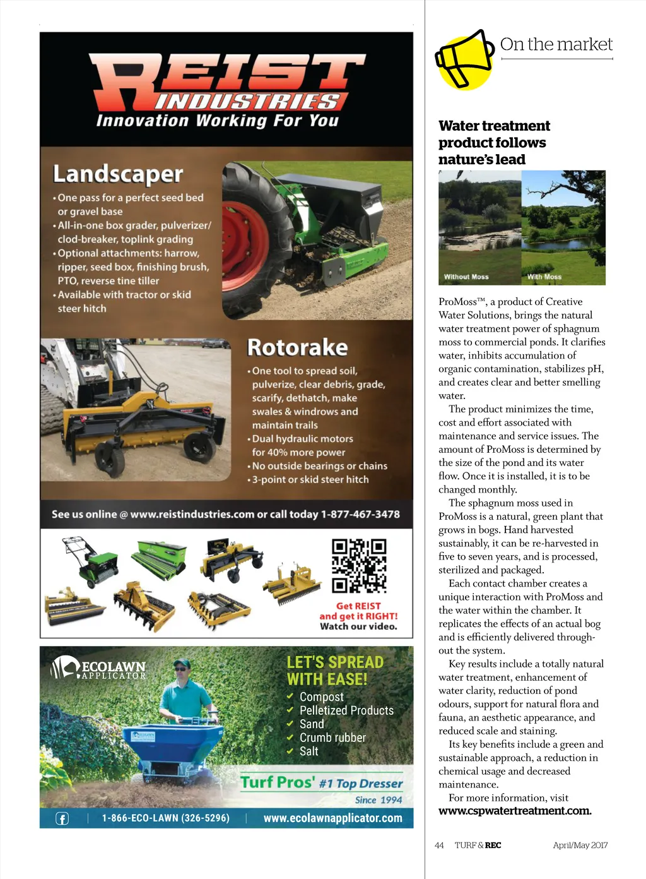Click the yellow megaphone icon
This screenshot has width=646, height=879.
point(465,59)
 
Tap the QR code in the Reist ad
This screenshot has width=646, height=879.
point(359,565)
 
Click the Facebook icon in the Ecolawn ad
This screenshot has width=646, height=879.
point(62,818)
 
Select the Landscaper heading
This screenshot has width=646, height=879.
point(118,174)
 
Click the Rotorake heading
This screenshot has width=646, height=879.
point(297,347)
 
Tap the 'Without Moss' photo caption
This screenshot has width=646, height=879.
point(466,277)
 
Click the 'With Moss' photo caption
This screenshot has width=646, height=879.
point(544,277)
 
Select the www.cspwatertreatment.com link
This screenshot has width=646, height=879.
point(515,811)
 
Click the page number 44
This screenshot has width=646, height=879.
point(439,846)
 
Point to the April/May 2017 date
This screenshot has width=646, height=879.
point(580,846)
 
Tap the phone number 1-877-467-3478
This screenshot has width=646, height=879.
point(360,514)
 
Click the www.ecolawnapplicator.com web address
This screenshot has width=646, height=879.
point(332,818)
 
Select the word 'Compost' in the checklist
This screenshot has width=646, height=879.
point(322,697)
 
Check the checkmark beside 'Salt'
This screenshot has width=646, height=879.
point(290,751)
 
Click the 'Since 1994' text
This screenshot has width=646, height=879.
point(379,800)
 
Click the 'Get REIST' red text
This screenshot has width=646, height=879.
point(358,606)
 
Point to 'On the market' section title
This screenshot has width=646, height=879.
point(556,44)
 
